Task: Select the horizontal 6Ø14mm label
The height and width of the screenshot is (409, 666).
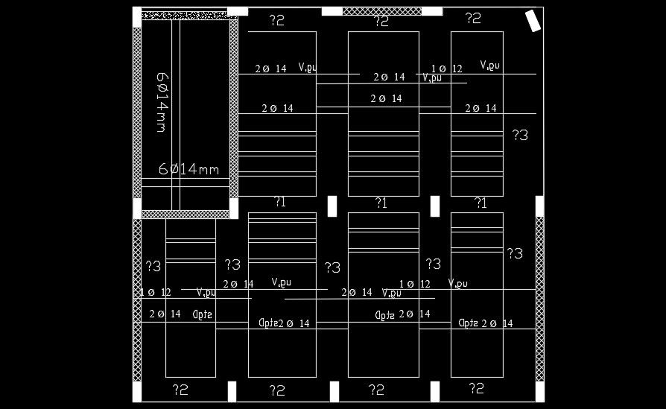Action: pos(189,169)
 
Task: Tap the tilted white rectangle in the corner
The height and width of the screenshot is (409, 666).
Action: pos(533,21)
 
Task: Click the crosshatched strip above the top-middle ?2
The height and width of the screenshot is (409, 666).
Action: pos(381,11)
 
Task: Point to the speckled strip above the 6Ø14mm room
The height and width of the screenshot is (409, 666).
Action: pos(184,14)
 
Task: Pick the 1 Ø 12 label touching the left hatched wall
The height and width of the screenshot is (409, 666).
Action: pos(156,293)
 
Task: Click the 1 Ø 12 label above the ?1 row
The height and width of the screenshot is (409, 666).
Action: pos(447,69)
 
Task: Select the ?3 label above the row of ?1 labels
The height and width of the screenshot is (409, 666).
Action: pos(520,135)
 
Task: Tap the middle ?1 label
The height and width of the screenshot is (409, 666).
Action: pos(381,203)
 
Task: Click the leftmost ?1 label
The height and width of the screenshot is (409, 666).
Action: pos(280,202)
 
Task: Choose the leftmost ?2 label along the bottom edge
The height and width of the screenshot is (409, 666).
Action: pos(180,389)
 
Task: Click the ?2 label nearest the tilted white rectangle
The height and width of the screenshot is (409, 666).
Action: pos(473,19)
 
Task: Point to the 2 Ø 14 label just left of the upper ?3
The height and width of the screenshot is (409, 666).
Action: pos(481,109)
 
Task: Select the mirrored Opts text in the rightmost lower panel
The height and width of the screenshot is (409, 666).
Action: pos(469,323)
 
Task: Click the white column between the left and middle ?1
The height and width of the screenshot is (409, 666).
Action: pos(332,206)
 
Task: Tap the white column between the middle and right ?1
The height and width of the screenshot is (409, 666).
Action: pos(435,206)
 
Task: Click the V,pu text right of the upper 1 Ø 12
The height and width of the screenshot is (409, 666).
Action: pos(489,66)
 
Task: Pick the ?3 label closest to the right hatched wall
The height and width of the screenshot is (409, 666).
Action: pos(515,253)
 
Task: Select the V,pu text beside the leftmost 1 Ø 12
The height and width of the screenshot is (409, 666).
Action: pos(206,293)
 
